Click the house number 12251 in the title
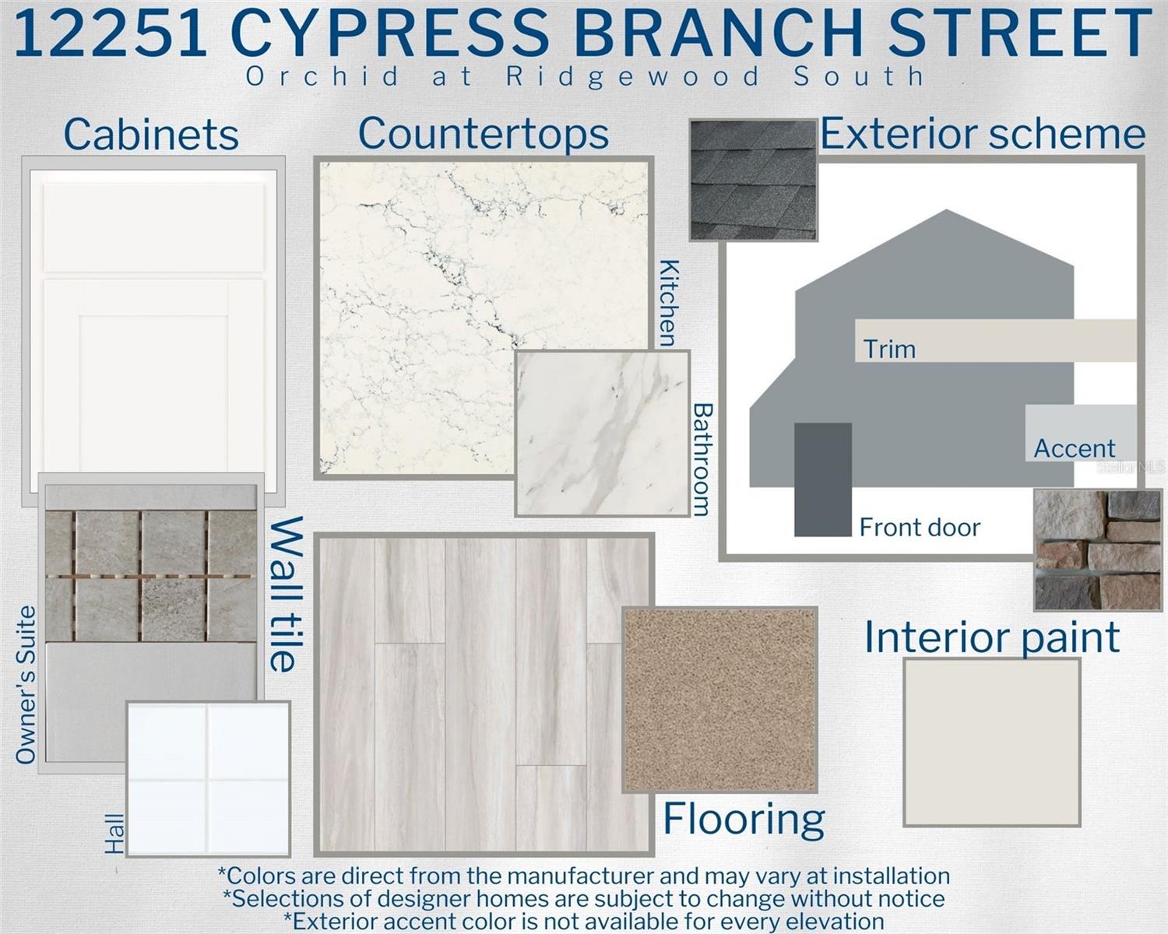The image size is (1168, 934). tap(111, 33)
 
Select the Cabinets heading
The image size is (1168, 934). tap(151, 134)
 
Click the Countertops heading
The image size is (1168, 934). tap(484, 134)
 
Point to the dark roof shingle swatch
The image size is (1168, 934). tap(753, 180)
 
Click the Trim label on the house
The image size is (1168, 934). tap(889, 349)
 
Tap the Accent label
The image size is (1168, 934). tap(1075, 449)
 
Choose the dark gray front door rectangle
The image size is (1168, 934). tap(823, 479)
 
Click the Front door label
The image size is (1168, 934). tap(920, 528)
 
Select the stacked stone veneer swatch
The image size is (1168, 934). tap(1097, 550)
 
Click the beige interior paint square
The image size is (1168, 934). tap(991, 743)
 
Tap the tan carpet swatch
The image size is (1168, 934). tap(719, 700)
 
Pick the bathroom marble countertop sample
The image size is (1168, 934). tap(603, 433)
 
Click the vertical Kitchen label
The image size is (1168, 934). tap(669, 303)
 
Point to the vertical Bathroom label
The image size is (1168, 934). tap(703, 459)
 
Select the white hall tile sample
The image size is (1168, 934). tap(209, 779)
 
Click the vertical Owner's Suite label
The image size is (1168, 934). tap(26, 686)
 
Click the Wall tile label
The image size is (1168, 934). tap(286, 595)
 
